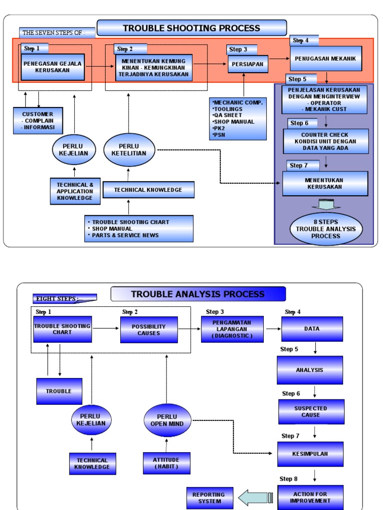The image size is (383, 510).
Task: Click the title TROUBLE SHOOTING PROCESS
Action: click(191, 28)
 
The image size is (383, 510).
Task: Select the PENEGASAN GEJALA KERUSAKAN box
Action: click(52, 67)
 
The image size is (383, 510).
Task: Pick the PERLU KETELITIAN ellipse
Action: click(129, 150)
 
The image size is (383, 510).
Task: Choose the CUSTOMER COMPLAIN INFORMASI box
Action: click(38, 121)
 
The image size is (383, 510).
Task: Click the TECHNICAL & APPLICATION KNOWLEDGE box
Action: click(75, 191)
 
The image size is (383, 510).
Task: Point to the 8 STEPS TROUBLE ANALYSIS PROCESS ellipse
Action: click(326, 229)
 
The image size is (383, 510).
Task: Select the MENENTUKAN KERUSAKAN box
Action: click(325, 184)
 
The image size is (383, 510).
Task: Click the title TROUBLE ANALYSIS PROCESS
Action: click(198, 294)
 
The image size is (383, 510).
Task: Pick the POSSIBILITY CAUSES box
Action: click(149, 330)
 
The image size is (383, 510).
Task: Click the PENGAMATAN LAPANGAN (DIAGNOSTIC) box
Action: click(232, 329)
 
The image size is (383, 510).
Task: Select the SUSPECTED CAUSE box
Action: click(311, 412)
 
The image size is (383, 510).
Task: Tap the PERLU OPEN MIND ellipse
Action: click(167, 420)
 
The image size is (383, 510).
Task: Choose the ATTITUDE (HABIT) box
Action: click(166, 463)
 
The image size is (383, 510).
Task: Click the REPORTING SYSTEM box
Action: click(209, 498)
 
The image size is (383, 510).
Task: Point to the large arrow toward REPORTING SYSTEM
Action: click(255, 498)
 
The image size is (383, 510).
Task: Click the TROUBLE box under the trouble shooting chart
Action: click(59, 391)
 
